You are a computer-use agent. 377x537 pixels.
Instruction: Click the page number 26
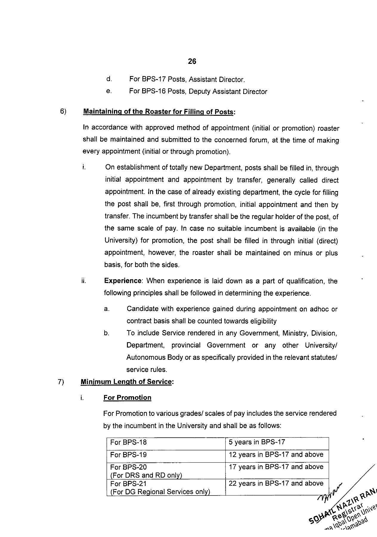click(x=192, y=61)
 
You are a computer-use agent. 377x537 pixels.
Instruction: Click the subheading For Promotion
click(x=127, y=398)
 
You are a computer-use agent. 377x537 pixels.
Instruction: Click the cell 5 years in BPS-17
click(x=257, y=442)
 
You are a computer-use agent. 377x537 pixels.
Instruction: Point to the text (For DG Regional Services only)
click(x=160, y=492)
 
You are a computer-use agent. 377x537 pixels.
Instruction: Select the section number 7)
click(x=61, y=382)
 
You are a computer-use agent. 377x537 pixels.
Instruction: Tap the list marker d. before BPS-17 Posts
click(x=109, y=79)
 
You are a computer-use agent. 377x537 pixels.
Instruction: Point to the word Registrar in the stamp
click(x=348, y=510)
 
